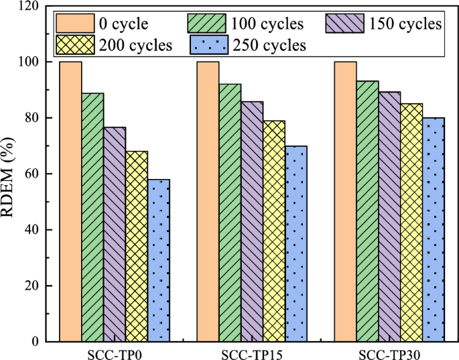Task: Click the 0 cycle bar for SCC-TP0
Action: (70, 201)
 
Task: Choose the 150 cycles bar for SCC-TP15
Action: (252, 221)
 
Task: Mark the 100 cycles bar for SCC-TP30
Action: (367, 211)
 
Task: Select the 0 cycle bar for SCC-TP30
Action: (345, 201)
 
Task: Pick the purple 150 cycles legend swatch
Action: (344, 24)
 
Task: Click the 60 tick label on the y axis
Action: (33, 174)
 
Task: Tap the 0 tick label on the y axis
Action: (36, 341)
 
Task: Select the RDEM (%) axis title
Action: (11, 174)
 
